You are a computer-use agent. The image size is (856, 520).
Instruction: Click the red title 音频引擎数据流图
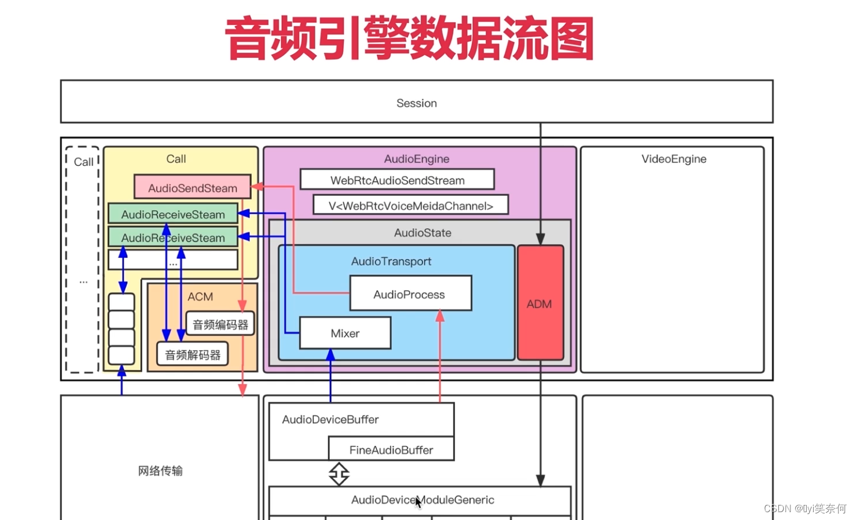409,39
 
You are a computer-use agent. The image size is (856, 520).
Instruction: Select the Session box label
417,103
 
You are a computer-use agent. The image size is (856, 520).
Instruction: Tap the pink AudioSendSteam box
192,187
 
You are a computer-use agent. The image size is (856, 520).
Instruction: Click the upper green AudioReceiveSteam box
173,214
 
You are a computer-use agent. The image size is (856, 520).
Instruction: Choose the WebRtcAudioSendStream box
397,180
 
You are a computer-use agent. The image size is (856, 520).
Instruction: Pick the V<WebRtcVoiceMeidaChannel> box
411,205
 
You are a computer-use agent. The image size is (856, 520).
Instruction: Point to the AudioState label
423,233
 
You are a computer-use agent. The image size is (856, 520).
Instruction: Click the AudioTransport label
391,261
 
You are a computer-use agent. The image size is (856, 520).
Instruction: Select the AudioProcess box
410,293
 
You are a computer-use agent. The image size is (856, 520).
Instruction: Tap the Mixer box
345,333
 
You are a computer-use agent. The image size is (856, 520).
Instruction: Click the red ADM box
540,303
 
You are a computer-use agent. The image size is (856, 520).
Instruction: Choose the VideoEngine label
674,158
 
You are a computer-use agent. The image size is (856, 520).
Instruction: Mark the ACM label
200,296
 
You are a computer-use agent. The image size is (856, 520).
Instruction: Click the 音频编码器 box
220,324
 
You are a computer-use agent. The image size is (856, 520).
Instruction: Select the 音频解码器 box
193,354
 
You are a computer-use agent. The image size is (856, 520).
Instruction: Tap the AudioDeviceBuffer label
330,419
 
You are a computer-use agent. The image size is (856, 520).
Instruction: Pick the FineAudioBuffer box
391,450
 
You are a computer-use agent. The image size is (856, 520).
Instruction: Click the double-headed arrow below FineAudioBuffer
339,474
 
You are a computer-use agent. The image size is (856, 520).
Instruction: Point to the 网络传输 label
160,471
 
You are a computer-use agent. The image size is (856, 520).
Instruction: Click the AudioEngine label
417,158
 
